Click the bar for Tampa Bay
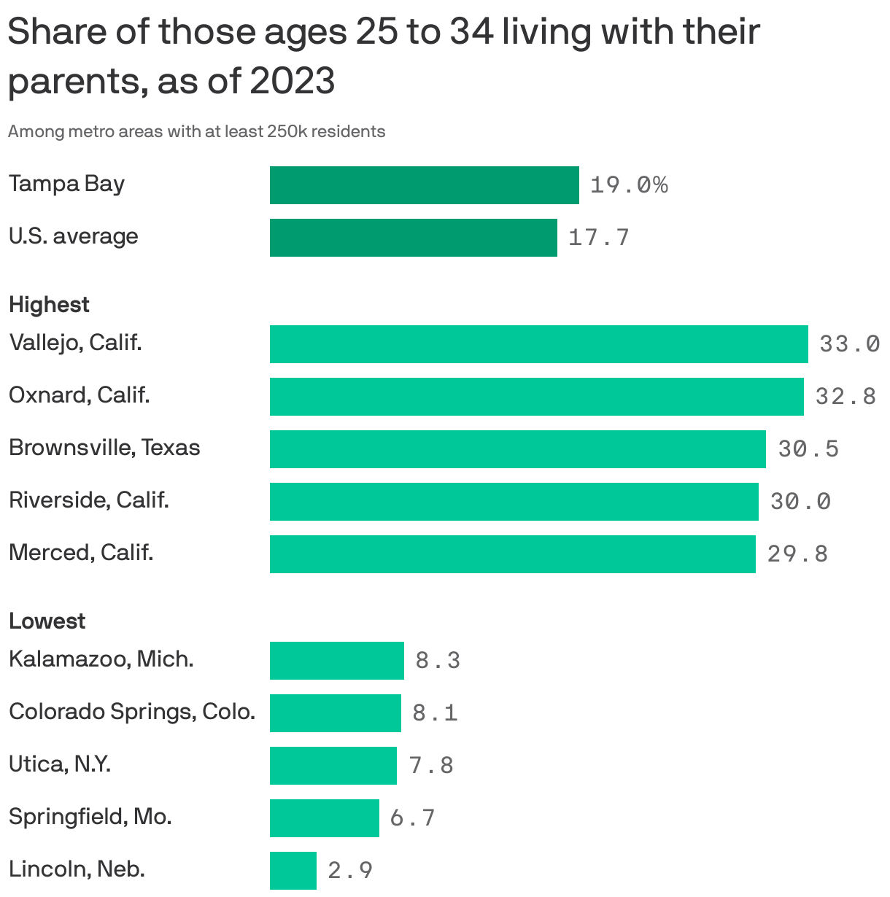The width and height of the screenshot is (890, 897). coord(424,185)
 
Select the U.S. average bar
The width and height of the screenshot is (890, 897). coord(413,238)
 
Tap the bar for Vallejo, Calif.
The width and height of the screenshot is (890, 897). coord(538,344)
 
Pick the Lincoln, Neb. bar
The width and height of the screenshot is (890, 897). coord(293,871)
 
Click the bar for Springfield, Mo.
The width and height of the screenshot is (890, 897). coord(324,818)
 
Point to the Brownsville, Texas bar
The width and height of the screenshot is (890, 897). coord(517,449)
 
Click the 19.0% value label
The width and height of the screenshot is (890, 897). coord(628,185)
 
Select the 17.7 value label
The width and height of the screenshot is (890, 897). coord(598,238)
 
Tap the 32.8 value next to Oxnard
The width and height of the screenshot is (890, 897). coord(845,397)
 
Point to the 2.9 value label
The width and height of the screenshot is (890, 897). coord(350,871)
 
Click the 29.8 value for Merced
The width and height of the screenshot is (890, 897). coord(797,554)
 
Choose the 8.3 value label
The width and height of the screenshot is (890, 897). coord(438,661)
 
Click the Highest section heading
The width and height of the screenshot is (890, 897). coord(49,304)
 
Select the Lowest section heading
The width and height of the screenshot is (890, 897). coord(47,621)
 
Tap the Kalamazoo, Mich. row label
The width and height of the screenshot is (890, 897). coord(101,659)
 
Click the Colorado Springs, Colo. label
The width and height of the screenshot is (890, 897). coord(131,712)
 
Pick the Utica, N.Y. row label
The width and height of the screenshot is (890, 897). coord(59,764)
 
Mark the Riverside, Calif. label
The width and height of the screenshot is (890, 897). coord(88,500)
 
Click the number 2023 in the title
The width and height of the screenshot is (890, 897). coord(293,80)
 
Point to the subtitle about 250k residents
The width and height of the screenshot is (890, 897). coord(196,132)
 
